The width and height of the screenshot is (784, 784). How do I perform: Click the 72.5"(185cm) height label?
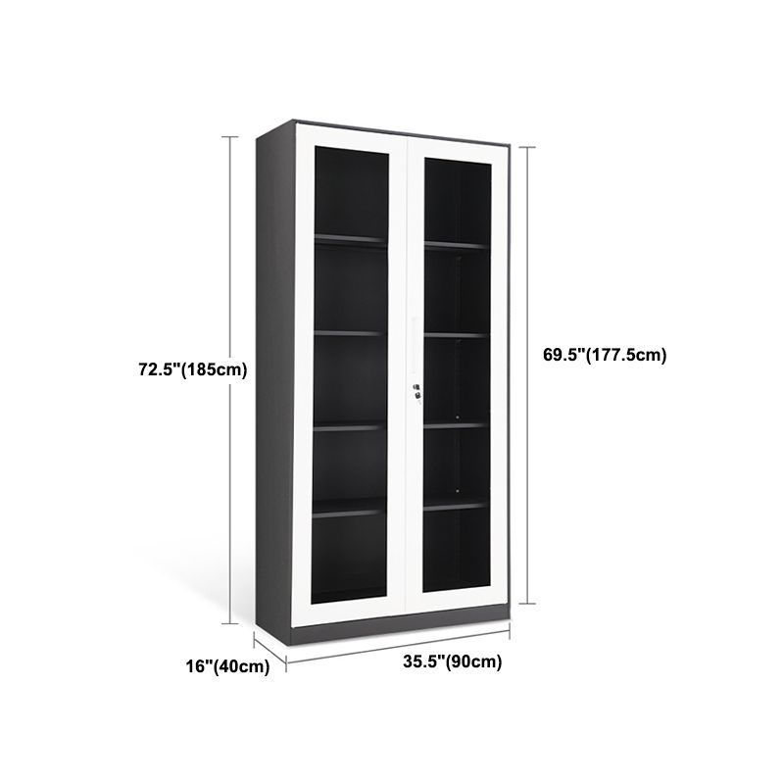point(192,369)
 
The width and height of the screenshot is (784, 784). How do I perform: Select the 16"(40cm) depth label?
point(227,666)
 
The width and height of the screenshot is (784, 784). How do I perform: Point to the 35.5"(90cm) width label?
point(452,661)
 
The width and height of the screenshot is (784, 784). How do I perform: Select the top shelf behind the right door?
point(455,244)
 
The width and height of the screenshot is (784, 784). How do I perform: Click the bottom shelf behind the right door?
point(455,506)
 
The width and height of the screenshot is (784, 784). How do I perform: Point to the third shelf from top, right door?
point(455,424)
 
